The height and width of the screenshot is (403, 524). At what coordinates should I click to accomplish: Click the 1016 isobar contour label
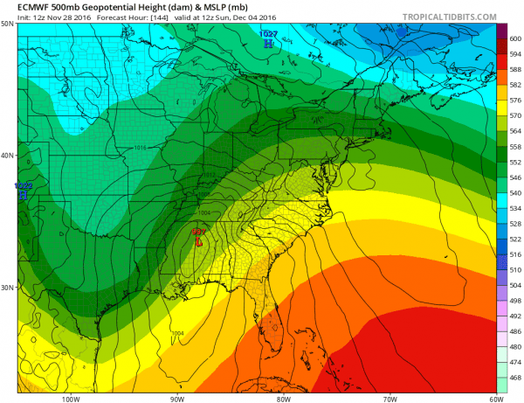pos(141,148)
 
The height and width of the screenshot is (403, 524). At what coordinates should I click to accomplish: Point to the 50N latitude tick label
pos(8,24)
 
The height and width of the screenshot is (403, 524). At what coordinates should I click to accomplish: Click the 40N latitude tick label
pos(8,156)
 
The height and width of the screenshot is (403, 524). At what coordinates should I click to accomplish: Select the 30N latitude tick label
pos(8,288)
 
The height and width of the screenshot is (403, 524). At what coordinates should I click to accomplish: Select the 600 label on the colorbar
pos(514,38)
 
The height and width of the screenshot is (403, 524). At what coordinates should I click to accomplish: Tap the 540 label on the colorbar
pos(514,194)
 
